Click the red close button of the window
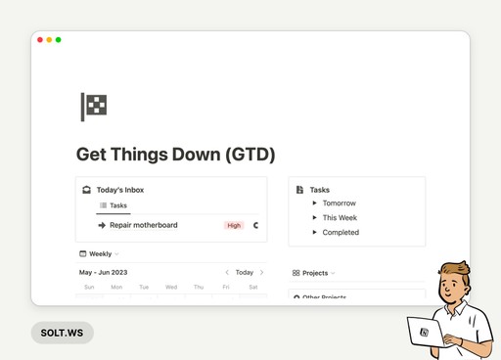pyautogui.click(x=40, y=40)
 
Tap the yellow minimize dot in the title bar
pyautogui.click(x=49, y=40)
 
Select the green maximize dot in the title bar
pyautogui.click(x=59, y=40)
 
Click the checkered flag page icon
pyautogui.click(x=94, y=106)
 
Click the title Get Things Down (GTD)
pyautogui.click(x=175, y=155)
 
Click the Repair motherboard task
pyautogui.click(x=143, y=225)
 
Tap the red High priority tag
pyautogui.click(x=234, y=225)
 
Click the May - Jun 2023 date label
pyautogui.click(x=104, y=272)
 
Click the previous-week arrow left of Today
pyautogui.click(x=227, y=272)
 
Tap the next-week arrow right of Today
pyautogui.click(x=261, y=272)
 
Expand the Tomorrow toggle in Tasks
pyautogui.click(x=315, y=203)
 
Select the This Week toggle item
pyautogui.click(x=315, y=217)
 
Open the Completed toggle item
pyautogui.click(x=315, y=232)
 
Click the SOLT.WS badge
pyautogui.click(x=62, y=333)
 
